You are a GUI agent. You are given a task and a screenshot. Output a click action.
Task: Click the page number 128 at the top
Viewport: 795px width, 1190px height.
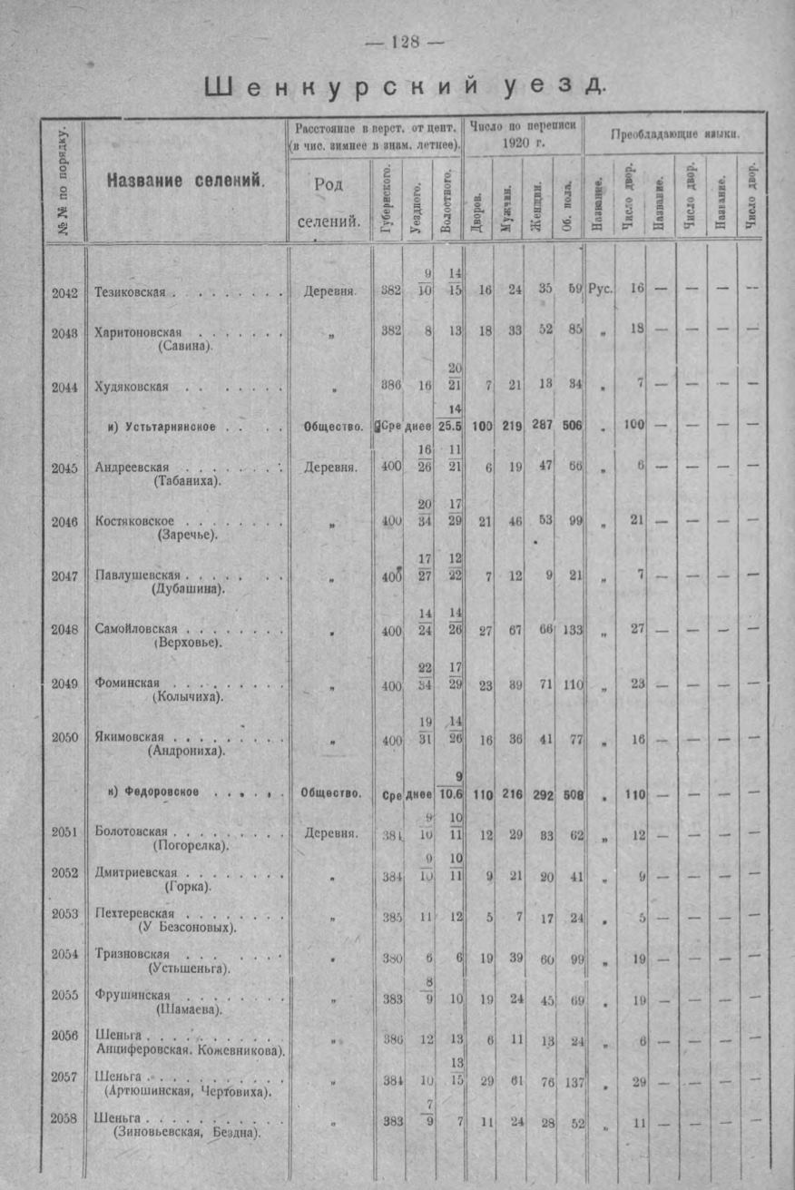point(404,42)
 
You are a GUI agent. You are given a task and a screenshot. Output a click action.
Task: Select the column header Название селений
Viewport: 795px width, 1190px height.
point(185,179)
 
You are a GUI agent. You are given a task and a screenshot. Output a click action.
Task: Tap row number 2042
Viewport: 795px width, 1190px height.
point(64,292)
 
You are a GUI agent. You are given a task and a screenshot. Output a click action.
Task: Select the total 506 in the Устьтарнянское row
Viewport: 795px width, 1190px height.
point(569,426)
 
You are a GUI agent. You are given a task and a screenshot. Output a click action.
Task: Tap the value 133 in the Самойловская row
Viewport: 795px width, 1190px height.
point(571,630)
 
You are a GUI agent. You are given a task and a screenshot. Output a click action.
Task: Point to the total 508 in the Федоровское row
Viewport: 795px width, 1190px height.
point(571,794)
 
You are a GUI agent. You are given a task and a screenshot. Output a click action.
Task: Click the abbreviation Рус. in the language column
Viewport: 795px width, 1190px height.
point(600,290)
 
